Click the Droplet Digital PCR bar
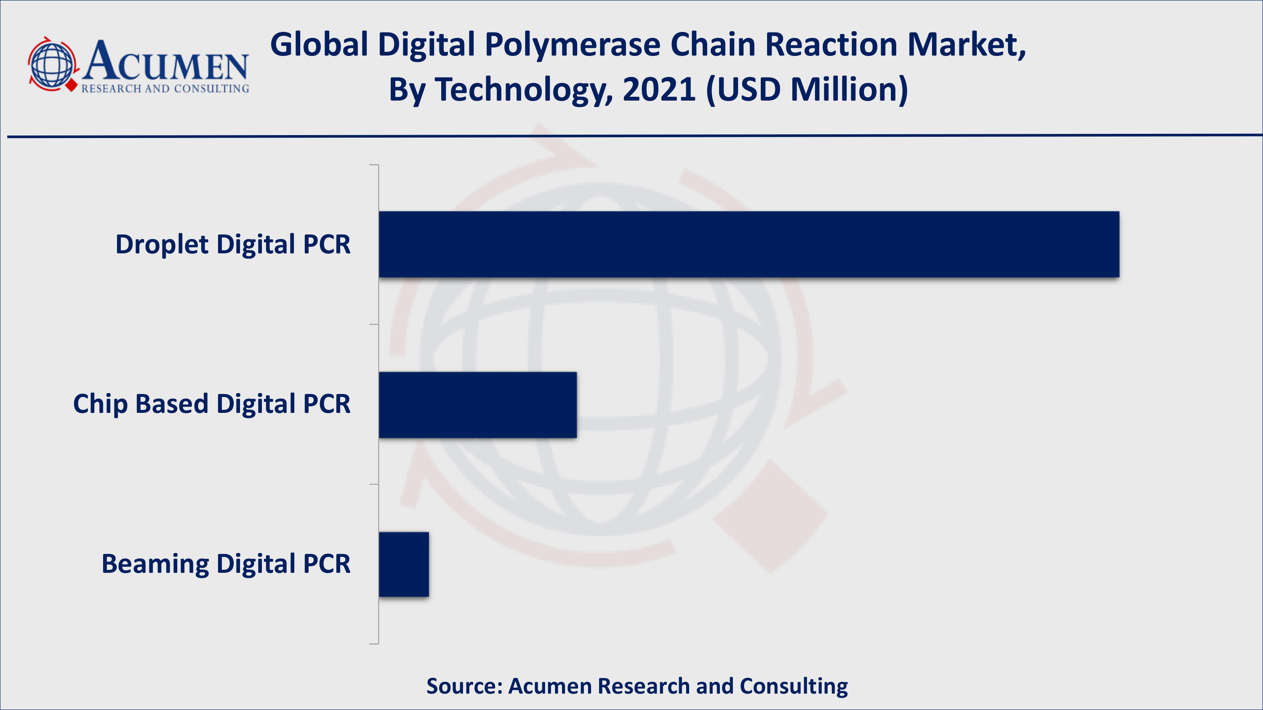coord(749,244)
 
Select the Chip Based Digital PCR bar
coord(477,405)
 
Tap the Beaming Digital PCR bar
coord(403,564)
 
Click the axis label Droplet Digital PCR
coord(233,244)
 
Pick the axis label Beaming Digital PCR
coord(226,564)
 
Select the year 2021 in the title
coord(658,90)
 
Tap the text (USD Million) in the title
coord(807,90)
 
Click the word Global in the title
coord(319,45)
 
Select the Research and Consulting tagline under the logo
coord(165,89)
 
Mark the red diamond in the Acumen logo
coord(72,86)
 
